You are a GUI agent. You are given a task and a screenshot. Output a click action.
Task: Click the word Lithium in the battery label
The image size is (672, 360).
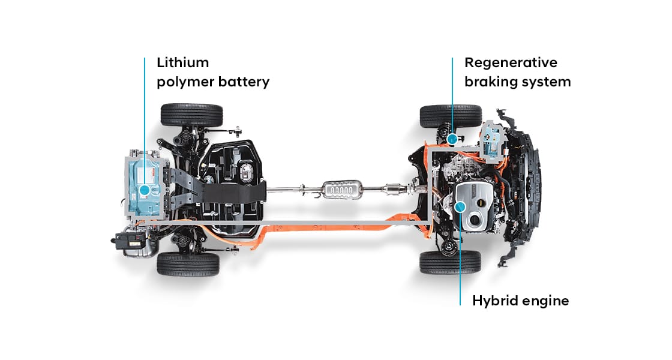click(182, 62)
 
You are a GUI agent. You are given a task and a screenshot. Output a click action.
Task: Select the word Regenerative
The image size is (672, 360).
click(511, 62)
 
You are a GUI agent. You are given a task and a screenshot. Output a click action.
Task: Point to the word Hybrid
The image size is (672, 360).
click(493, 301)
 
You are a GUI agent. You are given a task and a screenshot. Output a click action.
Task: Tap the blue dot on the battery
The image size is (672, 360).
click(145, 190)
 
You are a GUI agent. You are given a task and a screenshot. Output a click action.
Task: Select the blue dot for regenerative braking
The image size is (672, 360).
click(452, 138)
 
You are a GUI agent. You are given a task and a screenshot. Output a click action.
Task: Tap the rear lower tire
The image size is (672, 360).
click(188, 263)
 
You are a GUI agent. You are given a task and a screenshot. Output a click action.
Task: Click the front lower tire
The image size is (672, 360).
click(450, 262)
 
